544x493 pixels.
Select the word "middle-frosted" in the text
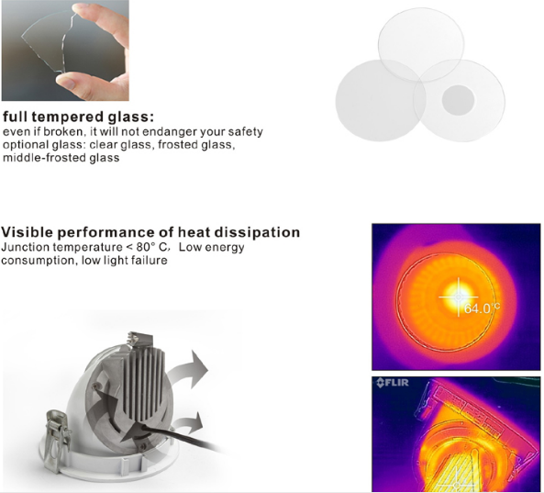(x=44, y=158)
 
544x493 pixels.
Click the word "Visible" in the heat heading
(x=27, y=232)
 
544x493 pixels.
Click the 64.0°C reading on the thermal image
(x=482, y=308)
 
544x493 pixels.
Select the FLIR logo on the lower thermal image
(x=393, y=383)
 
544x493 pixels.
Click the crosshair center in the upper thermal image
(x=459, y=297)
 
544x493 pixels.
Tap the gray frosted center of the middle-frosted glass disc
(x=458, y=100)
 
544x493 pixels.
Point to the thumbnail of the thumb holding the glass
(x=67, y=83)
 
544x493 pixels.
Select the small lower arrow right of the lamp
(x=189, y=424)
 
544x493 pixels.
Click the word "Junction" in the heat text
(x=26, y=247)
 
